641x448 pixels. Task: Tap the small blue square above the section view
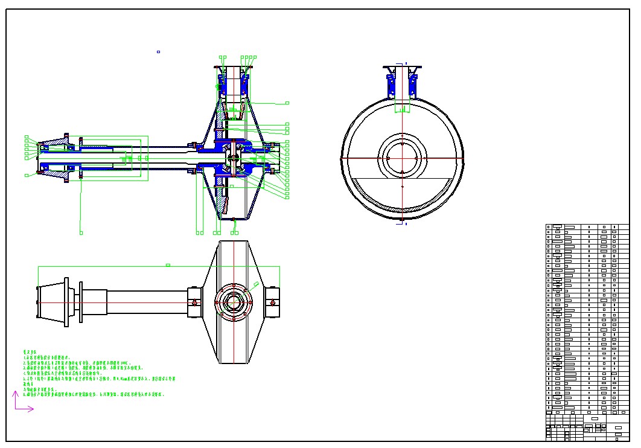[x=158, y=52]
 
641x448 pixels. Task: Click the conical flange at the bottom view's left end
[x=51, y=302]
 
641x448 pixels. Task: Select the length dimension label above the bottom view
[x=168, y=264]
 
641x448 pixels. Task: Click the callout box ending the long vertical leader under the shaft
[x=81, y=232]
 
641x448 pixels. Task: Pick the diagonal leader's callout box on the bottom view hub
[x=257, y=283]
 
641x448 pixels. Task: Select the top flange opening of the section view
[x=232, y=68]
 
